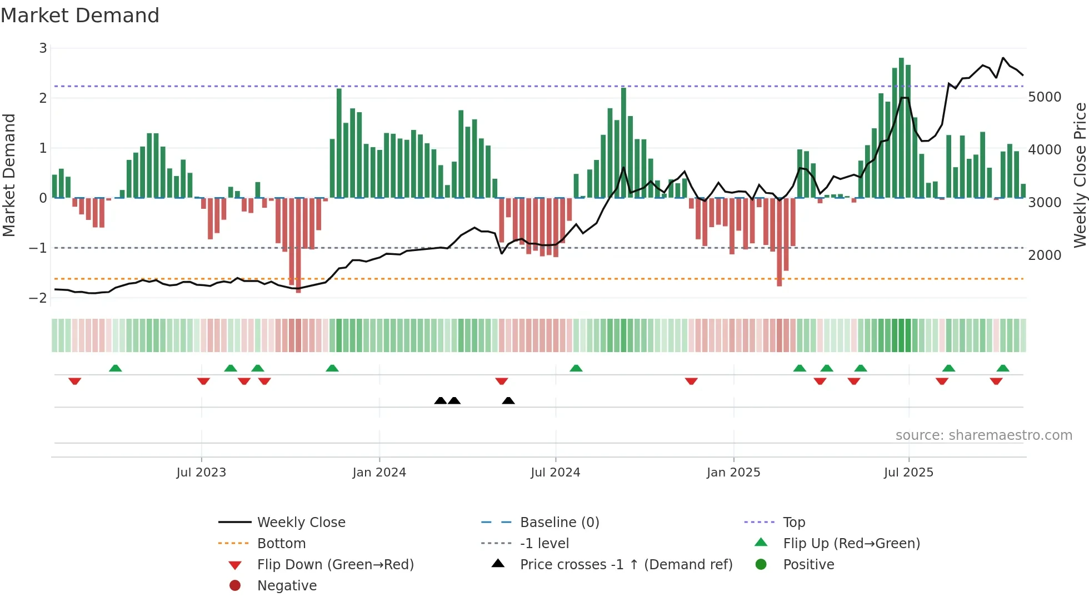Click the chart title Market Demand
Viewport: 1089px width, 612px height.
pos(80,16)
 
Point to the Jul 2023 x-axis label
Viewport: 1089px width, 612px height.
pos(201,473)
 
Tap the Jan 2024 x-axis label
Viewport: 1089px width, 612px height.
pos(379,473)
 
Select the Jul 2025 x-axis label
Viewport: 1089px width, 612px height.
pos(908,473)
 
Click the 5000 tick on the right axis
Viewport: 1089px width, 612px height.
pos(1045,97)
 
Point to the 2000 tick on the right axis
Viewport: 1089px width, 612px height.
pos(1045,255)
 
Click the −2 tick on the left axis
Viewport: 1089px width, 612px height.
pos(38,298)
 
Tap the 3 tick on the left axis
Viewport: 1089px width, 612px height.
pos(43,48)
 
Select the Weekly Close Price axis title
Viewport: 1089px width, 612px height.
pos(1080,175)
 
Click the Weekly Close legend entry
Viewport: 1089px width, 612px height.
pos(301,523)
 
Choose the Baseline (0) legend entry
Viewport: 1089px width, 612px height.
pos(559,523)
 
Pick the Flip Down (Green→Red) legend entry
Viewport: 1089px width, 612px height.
pos(335,565)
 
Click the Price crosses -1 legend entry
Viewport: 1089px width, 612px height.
pos(626,565)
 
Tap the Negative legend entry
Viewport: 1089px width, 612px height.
pos(287,586)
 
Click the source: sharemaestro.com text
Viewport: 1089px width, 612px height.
pos(983,435)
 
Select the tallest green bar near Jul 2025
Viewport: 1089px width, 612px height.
pos(901,128)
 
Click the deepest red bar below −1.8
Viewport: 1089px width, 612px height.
pos(298,244)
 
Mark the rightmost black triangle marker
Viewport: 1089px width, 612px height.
pos(508,401)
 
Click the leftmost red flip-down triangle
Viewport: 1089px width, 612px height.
pos(75,381)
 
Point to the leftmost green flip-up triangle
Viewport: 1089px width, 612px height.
pos(116,368)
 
